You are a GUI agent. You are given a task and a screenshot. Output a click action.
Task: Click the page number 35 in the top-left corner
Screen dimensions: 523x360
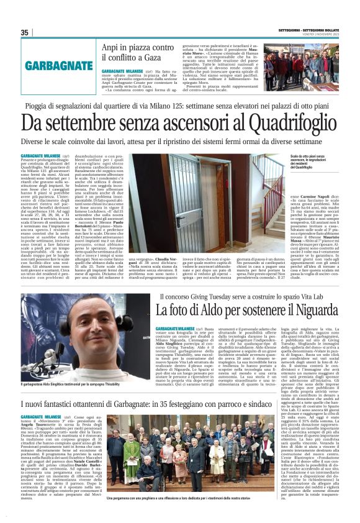24,33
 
